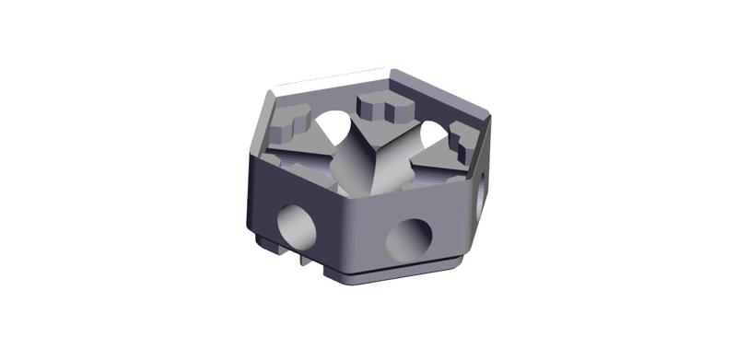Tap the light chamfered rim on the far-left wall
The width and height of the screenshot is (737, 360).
[x=259, y=120]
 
